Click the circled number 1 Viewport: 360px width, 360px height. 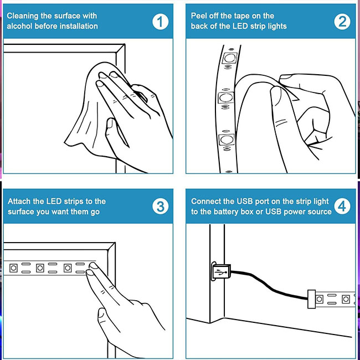(x=160, y=22)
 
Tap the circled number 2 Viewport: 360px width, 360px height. (x=342, y=22)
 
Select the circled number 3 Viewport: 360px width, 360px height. (x=160, y=207)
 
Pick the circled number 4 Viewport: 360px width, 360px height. (x=342, y=206)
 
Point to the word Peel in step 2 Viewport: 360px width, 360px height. (x=199, y=16)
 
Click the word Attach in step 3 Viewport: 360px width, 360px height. (x=19, y=202)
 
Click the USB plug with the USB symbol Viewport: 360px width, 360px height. (x=220, y=271)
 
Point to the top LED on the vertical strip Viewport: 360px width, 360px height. (x=229, y=58)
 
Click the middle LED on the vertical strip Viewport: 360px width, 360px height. (x=226, y=97)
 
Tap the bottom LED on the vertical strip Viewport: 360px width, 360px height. (x=227, y=140)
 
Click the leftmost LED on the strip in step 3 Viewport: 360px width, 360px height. (x=13, y=268)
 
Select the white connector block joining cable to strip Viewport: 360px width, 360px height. (x=312, y=299)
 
